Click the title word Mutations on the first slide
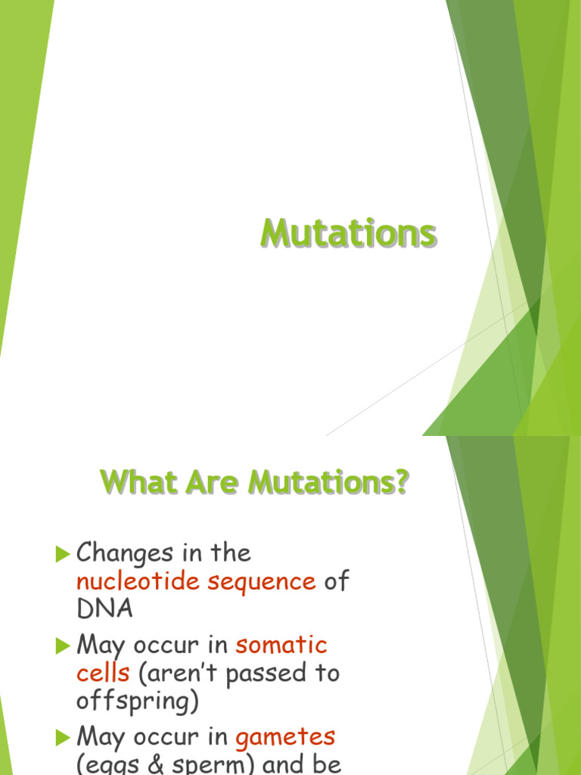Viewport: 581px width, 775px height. click(349, 234)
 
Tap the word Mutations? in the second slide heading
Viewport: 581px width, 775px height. click(330, 482)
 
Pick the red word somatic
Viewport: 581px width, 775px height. click(281, 645)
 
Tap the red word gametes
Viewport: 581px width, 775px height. click(285, 736)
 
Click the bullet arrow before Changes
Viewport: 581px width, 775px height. click(63, 555)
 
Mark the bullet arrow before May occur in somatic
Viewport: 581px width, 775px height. click(63, 646)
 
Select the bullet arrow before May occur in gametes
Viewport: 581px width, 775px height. click(63, 738)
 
